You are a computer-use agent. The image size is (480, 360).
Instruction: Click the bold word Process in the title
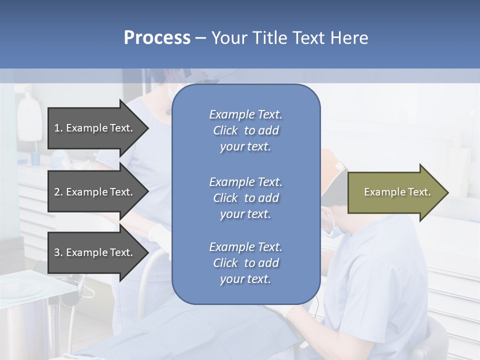point(157,37)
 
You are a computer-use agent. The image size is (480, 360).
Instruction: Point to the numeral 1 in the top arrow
point(57,128)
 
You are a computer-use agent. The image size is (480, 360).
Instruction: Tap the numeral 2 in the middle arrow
point(57,192)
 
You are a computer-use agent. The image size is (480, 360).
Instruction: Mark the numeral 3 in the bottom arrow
point(57,252)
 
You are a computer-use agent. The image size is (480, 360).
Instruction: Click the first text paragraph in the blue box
point(245,130)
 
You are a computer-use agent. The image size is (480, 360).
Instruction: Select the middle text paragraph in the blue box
point(245,198)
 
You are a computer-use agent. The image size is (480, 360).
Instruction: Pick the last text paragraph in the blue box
point(245,263)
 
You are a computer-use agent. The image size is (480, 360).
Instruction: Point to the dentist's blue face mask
point(334,231)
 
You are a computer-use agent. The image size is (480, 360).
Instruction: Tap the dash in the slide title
point(200,38)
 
